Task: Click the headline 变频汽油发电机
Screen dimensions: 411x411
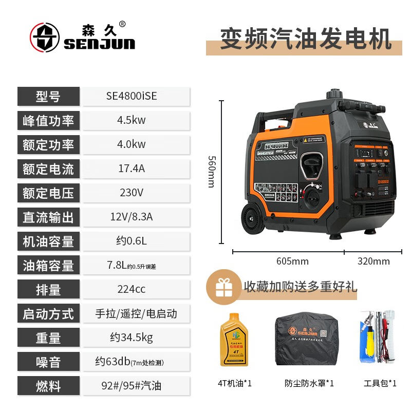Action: pos(306,39)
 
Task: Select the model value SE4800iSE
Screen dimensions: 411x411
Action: pos(132,96)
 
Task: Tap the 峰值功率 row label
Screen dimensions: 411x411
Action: pos(48,120)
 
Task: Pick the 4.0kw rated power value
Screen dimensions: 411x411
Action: pos(132,144)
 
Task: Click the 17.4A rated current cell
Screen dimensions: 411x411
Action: pos(132,169)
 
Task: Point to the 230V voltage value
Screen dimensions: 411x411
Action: pos(132,193)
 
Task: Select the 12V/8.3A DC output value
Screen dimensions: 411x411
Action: pos(132,217)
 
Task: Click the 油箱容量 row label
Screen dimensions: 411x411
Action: pos(48,265)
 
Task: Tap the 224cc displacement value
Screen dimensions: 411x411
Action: pos(132,289)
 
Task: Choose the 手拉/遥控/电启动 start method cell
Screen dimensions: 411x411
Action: pos(136,313)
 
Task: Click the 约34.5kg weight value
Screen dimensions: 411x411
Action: pos(132,338)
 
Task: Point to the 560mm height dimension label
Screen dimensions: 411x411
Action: pos(211,172)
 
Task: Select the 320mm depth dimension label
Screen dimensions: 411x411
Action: pos(373,261)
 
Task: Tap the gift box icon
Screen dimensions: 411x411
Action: pos(224,287)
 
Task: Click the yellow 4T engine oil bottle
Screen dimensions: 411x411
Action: pos(234,340)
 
